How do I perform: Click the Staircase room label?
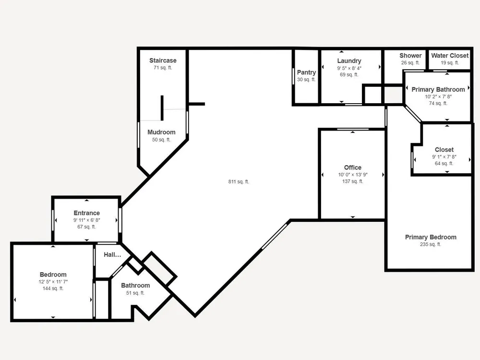163,60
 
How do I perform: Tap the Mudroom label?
161,132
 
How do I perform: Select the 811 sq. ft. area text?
239,181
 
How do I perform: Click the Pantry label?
306,72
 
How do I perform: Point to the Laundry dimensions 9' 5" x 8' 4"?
349,68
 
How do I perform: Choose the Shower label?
410,55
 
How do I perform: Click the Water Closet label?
450,55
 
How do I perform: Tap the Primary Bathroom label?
438,89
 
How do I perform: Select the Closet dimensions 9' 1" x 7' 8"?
444,157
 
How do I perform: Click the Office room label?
353,168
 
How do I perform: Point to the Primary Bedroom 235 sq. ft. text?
431,244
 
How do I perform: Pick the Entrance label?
86,213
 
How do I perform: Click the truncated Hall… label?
112,255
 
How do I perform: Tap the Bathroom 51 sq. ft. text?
135,293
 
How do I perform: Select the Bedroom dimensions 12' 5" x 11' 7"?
53,282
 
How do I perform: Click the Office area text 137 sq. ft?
353,181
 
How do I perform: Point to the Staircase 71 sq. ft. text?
163,68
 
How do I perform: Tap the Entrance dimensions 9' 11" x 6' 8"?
86,220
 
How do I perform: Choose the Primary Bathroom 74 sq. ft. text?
438,103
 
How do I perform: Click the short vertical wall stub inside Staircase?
162,108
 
